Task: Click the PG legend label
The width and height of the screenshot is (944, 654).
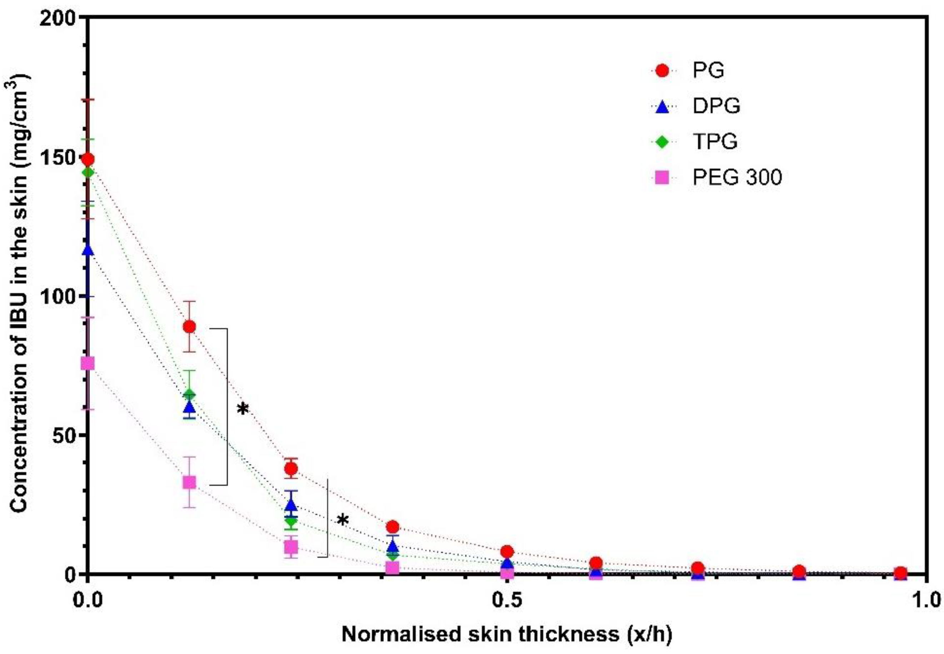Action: [708, 70]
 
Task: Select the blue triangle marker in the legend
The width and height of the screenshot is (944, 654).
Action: [662, 106]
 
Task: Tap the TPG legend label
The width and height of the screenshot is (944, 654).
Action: [715, 142]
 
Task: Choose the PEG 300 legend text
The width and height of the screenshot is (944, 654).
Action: [737, 178]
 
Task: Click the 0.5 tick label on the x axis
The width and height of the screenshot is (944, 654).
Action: [507, 601]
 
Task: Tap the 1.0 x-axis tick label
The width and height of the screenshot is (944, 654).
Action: [927, 601]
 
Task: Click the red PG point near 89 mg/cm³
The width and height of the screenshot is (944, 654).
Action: [189, 326]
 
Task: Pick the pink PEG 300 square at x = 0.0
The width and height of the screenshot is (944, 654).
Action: [87, 363]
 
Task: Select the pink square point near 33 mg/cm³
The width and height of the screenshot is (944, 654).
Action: [189, 482]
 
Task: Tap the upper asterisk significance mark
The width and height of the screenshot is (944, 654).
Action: [243, 409]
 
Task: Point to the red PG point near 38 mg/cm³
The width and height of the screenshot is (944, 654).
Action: [291, 468]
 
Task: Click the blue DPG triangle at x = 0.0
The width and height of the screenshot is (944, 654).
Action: [87, 250]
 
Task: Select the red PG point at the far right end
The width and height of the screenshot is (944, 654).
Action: [900, 573]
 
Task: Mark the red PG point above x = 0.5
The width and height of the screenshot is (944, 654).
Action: [507, 551]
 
